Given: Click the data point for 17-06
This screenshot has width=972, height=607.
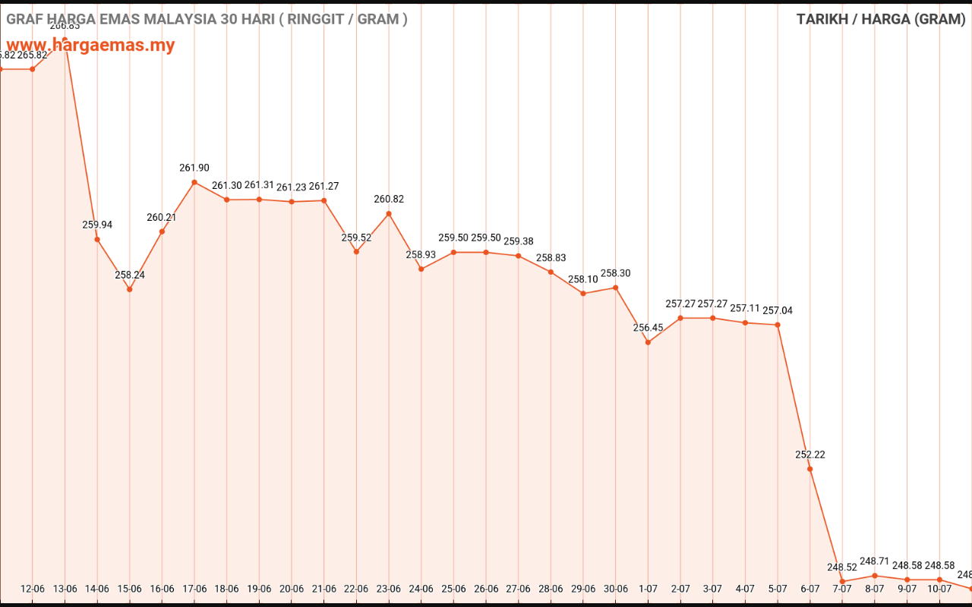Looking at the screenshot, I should (194, 182).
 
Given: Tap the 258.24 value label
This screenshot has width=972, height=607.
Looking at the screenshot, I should (130, 275).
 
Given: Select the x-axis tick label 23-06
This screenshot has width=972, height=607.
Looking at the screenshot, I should (389, 589).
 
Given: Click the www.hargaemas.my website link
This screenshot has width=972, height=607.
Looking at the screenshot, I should (91, 45).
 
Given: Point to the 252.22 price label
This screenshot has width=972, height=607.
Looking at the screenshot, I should (810, 454).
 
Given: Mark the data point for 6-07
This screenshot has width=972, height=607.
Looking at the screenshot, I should (810, 469).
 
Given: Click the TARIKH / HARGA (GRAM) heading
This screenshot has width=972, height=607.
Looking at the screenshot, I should (881, 19).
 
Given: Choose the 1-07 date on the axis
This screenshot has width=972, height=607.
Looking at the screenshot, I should (648, 589).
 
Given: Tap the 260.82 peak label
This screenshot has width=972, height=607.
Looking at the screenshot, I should (389, 199).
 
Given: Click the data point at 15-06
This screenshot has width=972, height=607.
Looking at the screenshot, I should (130, 289).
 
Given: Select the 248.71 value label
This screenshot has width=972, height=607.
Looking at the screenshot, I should (875, 561).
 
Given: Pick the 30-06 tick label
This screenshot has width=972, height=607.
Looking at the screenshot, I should (616, 589).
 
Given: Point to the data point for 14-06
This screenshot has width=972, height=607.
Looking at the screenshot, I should (97, 239).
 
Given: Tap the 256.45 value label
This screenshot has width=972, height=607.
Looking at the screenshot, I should (648, 328).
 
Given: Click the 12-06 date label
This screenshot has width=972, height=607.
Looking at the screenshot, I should (33, 589).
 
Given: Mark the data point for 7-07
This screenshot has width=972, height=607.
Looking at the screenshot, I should (842, 581).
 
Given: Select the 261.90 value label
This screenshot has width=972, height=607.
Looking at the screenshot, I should (194, 168).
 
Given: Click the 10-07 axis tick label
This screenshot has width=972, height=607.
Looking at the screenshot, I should (939, 589).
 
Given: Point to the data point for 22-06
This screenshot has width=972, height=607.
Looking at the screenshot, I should (356, 251).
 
